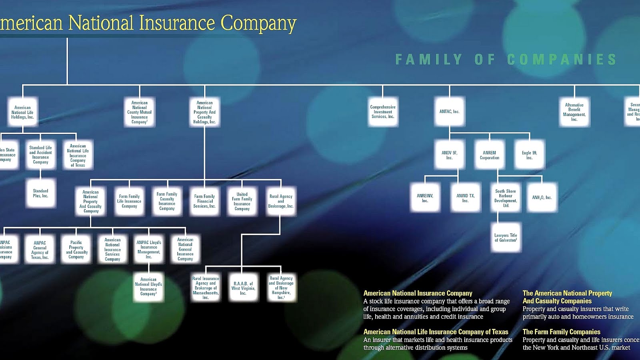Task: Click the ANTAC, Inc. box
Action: coord(450,112)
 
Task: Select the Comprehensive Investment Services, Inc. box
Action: coord(383,112)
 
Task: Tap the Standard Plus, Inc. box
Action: coord(40,193)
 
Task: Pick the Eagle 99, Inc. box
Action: coord(529,155)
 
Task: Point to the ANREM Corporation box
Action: coord(490,155)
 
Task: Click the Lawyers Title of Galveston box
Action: coord(506,238)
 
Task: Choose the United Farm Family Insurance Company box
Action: coord(242,201)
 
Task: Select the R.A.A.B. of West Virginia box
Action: coord(243,288)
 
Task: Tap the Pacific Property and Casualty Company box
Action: coord(76,249)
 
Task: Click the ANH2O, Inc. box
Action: coord(542,198)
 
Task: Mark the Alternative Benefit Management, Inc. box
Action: coord(574,112)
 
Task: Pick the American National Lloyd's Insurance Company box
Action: coord(148,286)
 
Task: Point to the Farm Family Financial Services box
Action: coord(204,201)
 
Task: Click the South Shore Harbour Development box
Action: coord(506,198)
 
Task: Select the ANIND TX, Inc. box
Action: coord(465,198)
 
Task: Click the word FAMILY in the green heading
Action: coord(428,60)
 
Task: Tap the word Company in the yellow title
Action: coord(258,23)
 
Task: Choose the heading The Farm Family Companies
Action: coord(561,332)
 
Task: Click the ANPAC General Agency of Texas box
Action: coord(40,250)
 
